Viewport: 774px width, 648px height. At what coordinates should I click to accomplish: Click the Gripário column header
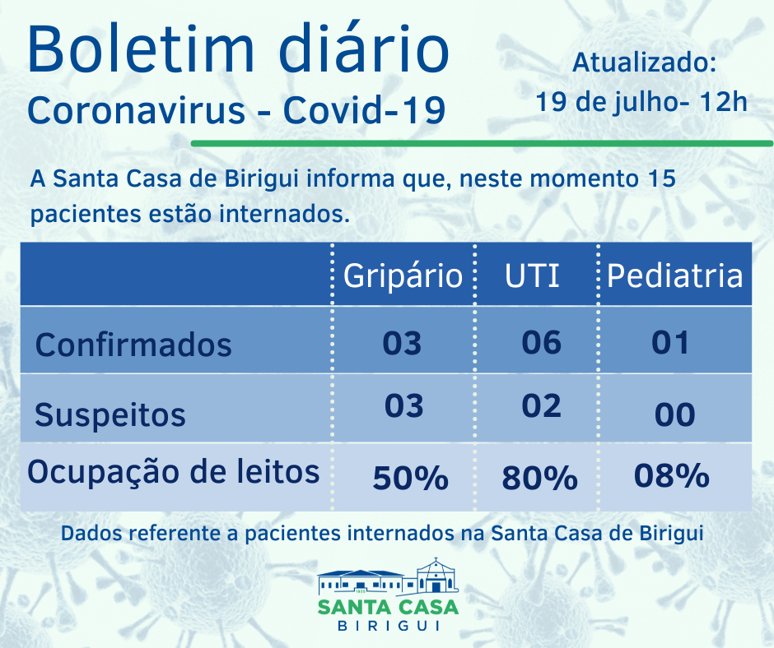403,276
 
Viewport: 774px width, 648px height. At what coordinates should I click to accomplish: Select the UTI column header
532,276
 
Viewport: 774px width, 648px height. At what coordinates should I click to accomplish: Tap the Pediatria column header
674,276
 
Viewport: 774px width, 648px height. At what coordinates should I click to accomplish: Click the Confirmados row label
133,344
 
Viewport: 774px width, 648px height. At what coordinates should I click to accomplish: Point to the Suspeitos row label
110,414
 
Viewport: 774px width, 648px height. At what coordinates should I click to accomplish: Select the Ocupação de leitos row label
173,472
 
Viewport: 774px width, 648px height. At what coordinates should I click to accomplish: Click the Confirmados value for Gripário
403,342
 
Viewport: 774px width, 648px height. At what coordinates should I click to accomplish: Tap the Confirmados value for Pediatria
670,341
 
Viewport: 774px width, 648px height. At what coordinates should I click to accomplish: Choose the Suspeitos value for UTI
542,406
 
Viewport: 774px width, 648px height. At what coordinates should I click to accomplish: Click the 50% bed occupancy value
410,478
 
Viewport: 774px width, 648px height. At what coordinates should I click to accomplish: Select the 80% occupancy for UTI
539,478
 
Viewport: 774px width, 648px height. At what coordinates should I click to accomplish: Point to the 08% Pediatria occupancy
672,475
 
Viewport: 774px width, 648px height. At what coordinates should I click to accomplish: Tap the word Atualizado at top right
645,62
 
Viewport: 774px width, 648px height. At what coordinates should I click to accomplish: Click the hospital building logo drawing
388,576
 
